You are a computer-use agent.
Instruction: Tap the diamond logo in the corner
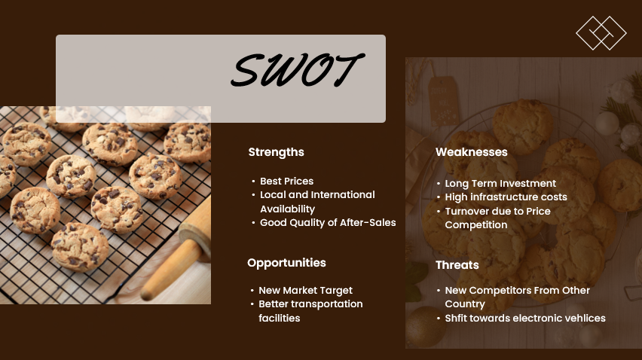pyautogui.click(x=601, y=33)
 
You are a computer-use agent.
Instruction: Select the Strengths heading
pyautogui.click(x=276, y=152)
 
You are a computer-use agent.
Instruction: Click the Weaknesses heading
pyautogui.click(x=471, y=152)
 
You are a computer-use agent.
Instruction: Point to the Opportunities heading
pyautogui.click(x=286, y=263)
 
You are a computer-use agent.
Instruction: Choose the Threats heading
pyautogui.click(x=457, y=265)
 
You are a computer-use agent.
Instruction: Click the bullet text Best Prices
pyautogui.click(x=286, y=181)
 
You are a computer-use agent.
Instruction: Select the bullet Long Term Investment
pyautogui.click(x=500, y=183)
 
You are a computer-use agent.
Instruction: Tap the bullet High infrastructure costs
pyautogui.click(x=506, y=197)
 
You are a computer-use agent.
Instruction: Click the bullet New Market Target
pyautogui.click(x=305, y=290)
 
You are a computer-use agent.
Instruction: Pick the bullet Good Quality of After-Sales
pyautogui.click(x=328, y=222)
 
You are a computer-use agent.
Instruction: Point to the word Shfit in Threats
pyautogui.click(x=456, y=318)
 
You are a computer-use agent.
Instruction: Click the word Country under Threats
pyautogui.click(x=464, y=304)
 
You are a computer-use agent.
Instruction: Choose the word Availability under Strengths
pyautogui.click(x=287, y=209)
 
